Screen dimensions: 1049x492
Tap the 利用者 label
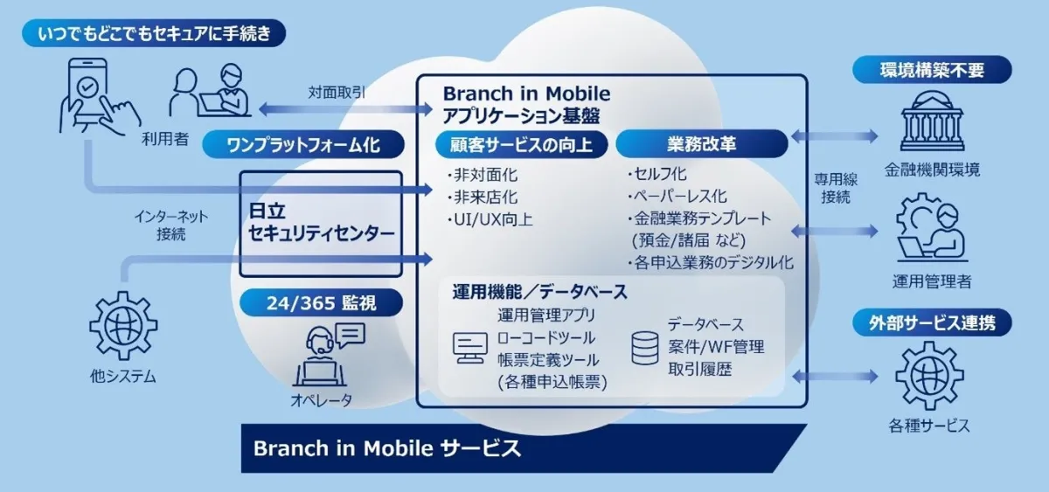coord(165,139)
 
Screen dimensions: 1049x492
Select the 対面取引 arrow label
coord(337,93)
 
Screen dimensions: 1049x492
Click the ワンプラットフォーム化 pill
coord(303,144)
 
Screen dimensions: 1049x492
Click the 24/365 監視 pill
coord(322,303)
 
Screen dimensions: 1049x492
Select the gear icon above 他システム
coord(123,326)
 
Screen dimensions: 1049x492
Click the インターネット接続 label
coord(171,225)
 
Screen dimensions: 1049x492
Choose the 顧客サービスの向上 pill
coord(521,144)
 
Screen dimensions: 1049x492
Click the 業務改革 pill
coord(701,143)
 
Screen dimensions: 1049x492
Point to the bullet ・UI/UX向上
coord(490,219)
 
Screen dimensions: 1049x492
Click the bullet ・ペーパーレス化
coord(677,196)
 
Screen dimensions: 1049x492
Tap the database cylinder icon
coord(645,348)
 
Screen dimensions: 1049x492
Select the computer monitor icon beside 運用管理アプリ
coord(470,348)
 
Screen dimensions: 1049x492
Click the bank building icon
coord(932,121)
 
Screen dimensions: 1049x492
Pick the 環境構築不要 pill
coord(932,70)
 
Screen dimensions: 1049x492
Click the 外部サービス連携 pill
coord(932,322)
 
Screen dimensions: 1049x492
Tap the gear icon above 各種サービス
coord(929,376)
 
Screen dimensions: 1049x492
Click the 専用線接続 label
coord(836,188)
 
